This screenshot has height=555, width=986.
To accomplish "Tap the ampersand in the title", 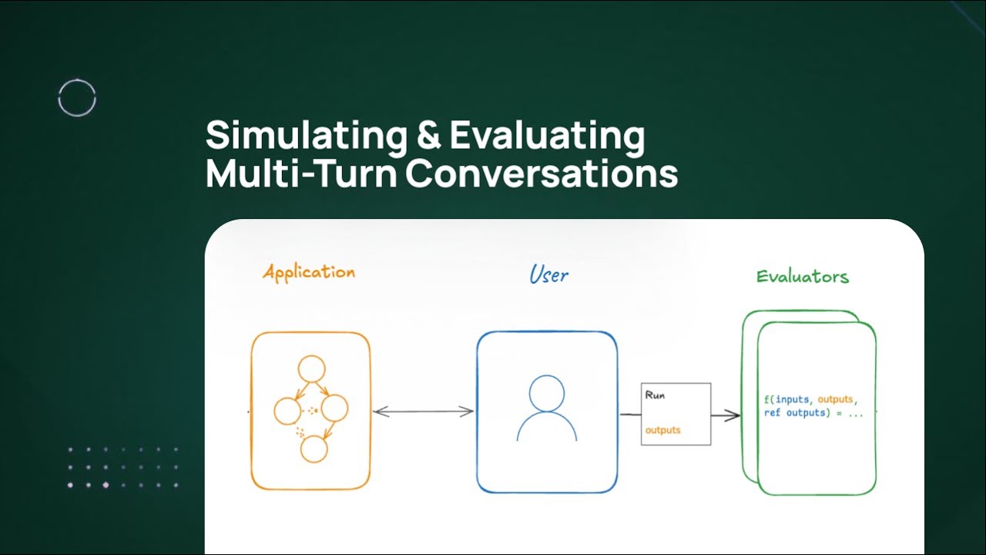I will pos(428,136).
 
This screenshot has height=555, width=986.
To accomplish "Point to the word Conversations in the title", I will pos(542,174).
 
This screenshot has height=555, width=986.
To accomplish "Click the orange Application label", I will pos(309,272).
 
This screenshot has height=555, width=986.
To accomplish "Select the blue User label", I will pos(548,274).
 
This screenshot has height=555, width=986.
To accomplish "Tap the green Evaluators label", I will pos(802,277).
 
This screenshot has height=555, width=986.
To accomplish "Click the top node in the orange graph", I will pos(313,369).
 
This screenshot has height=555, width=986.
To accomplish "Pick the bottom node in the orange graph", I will pos(314,449).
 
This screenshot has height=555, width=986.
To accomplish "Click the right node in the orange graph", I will pos(335,408).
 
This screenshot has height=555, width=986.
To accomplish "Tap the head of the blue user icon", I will pos(546,392).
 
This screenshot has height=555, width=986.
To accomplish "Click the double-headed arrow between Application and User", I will pos(423,412).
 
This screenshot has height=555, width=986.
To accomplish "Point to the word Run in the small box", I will pos(655,395).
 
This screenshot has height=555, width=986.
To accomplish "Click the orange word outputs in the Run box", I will pos(662,430).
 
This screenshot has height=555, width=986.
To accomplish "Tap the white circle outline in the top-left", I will pos(77,99).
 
